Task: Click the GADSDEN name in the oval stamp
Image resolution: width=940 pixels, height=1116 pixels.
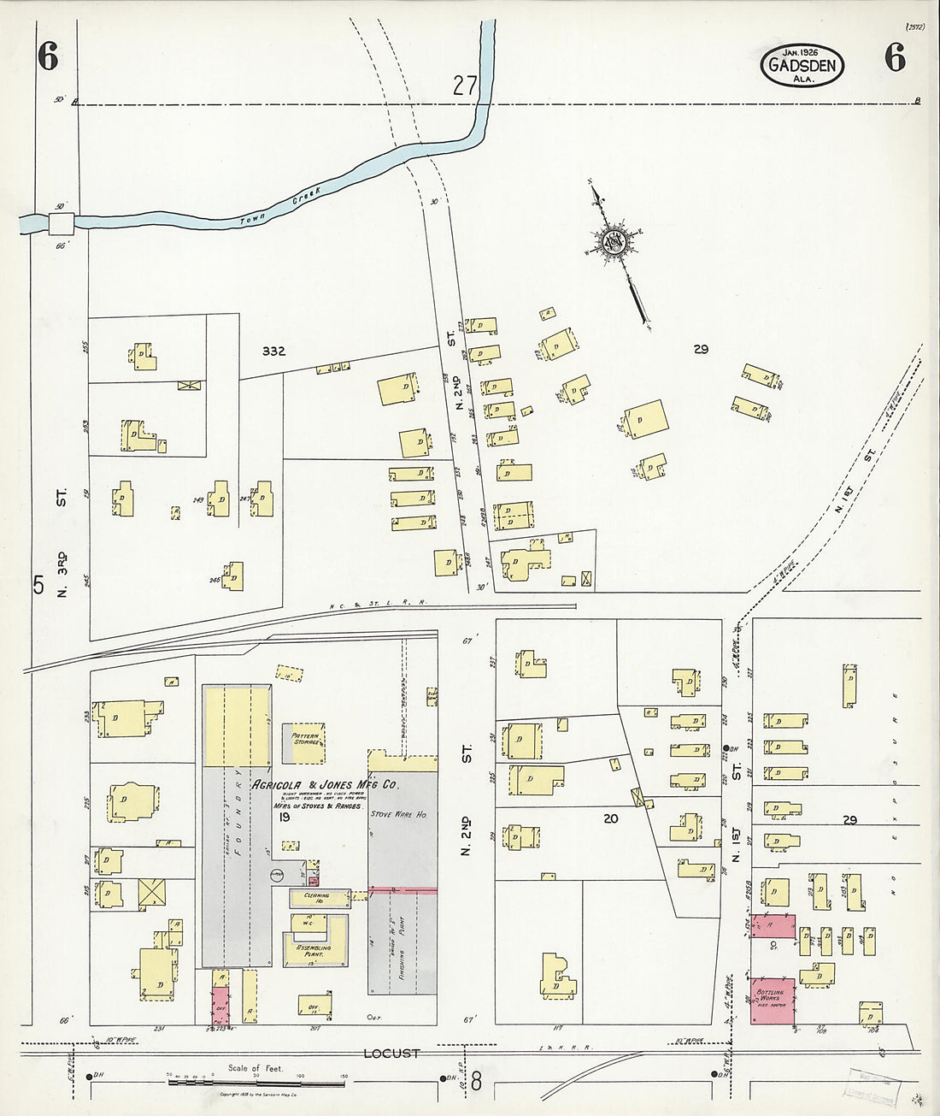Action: coord(801,64)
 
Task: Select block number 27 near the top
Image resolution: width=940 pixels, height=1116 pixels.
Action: coord(465,86)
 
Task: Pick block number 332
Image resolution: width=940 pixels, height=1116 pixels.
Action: coord(273,351)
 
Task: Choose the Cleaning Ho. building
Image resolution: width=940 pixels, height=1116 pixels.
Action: coord(309,897)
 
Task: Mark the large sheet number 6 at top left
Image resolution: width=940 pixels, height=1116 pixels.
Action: coord(47,57)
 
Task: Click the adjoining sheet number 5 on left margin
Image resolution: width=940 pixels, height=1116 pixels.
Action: coord(38,585)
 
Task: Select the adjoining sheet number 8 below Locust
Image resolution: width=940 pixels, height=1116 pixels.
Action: coord(475,1083)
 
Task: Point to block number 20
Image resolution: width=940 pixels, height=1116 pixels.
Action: coord(610,818)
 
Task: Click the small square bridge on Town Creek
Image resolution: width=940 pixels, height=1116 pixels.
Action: coord(62,224)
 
